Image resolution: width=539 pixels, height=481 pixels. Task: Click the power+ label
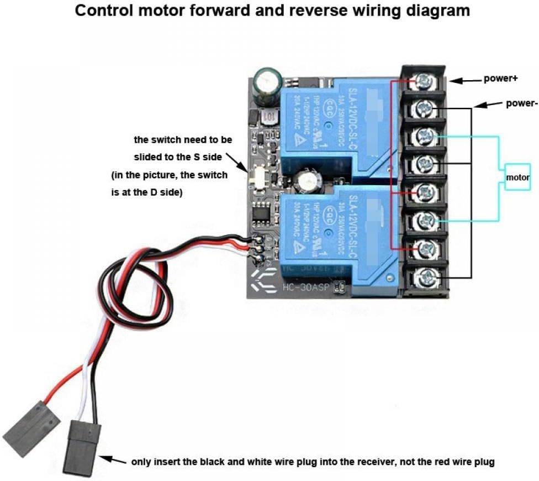500,78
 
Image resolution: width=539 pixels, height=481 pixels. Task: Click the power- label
521,103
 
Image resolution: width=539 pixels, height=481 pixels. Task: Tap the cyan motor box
517,177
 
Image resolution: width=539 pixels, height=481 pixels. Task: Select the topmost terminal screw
424,82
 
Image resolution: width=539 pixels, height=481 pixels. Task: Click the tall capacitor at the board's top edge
268,87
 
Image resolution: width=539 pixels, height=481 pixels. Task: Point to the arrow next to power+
465,80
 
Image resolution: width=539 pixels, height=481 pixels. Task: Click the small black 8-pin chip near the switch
260,212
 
